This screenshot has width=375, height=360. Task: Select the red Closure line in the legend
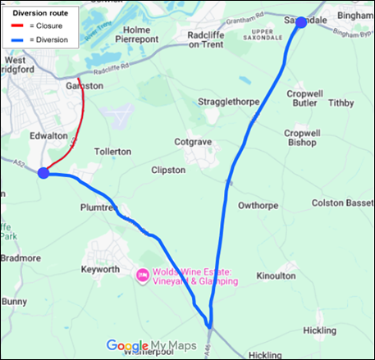point(20,26)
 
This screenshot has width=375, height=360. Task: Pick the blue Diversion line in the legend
point(20,39)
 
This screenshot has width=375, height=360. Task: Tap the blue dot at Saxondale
point(300,22)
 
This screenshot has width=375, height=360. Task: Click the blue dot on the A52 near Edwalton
point(43,172)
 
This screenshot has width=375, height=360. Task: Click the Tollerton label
point(112,152)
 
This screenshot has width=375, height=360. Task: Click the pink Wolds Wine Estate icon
point(141,276)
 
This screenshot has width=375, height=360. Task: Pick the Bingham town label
point(354,16)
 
